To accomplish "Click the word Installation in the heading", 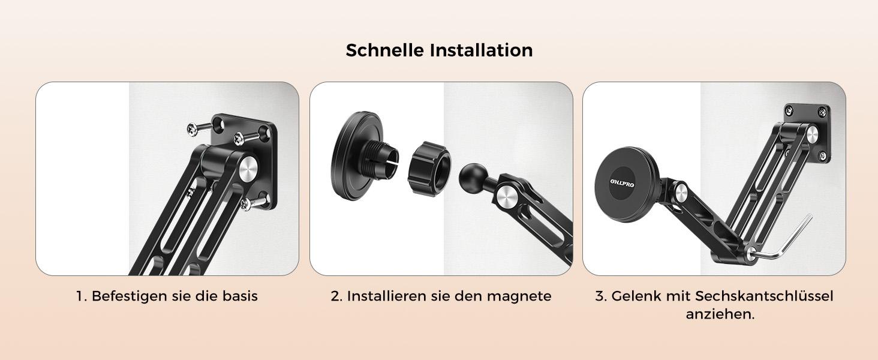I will (x=481, y=50).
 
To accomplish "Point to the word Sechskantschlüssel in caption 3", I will (x=764, y=296).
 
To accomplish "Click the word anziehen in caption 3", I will (x=718, y=314).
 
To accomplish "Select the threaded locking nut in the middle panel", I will (x=429, y=163).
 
